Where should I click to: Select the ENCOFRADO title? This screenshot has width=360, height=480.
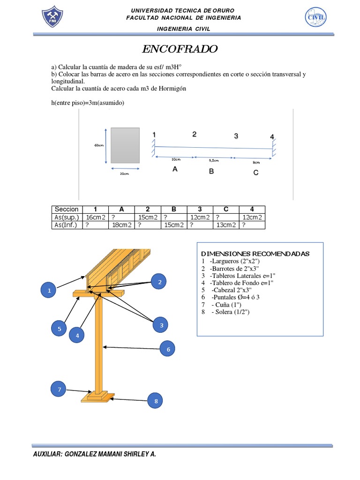(180, 49)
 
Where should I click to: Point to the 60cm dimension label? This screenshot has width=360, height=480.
(98, 145)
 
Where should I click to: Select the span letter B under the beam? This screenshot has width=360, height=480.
(211, 172)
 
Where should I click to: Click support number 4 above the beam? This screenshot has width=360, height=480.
(272, 137)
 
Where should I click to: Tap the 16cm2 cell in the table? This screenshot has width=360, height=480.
(95, 217)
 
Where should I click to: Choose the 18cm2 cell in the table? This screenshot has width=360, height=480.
(121, 225)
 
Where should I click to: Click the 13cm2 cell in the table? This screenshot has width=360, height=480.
(226, 225)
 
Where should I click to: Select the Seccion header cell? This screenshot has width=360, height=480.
(67, 209)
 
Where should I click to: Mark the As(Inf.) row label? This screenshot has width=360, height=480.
(67, 225)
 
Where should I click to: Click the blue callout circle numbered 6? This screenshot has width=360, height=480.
(167, 349)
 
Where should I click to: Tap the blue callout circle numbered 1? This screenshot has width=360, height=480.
(49, 291)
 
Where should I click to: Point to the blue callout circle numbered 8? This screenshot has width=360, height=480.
(156, 401)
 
